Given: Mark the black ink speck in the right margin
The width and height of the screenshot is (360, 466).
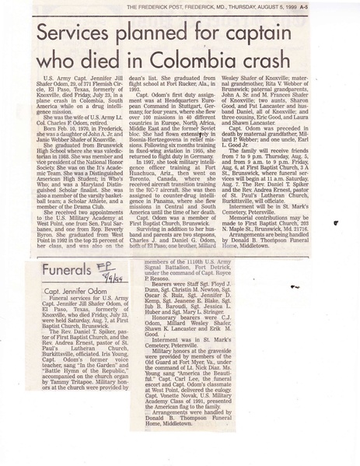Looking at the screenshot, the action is [335, 222].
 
